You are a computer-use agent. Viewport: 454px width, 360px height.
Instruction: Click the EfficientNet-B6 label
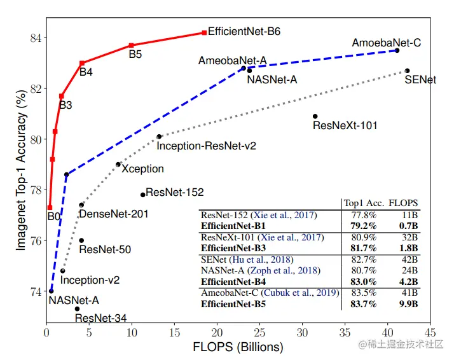coord(244,31)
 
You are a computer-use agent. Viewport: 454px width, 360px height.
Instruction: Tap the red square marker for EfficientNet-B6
coord(203,32)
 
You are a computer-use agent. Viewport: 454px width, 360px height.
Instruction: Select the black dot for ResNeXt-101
coord(315,116)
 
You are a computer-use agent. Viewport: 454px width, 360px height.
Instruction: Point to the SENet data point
coord(407,71)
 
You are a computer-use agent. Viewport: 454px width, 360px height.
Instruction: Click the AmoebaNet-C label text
coord(386,43)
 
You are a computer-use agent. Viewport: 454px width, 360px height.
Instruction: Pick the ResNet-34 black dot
coord(77,309)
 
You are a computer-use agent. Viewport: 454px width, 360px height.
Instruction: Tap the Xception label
coord(142,169)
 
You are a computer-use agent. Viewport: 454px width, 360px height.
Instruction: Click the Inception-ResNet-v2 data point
coord(159,136)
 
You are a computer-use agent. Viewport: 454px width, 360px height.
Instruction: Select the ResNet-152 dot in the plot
coord(142,195)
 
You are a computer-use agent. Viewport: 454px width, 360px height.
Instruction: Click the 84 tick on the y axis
coord(35,38)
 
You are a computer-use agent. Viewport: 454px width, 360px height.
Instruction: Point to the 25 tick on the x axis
coord(259,333)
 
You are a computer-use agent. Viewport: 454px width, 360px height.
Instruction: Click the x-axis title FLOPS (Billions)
coord(238,347)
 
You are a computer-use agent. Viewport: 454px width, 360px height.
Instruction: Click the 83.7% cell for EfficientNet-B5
coord(360,304)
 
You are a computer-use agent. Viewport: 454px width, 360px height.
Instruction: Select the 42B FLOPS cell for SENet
coord(408,260)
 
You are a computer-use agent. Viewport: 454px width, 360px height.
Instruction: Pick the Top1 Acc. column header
coord(362,203)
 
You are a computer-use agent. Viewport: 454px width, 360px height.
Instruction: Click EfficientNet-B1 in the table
coord(233,226)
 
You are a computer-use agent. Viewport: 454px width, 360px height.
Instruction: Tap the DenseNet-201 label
coord(114,214)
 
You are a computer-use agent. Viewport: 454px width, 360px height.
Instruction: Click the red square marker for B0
coord(50,207)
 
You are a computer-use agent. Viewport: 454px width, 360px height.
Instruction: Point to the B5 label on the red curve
coord(135,55)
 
